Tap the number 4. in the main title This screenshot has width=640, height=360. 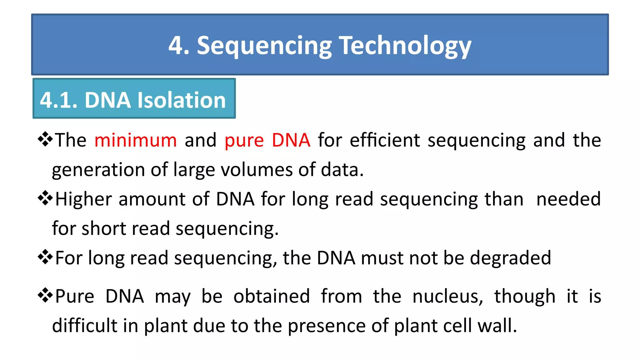[179, 46]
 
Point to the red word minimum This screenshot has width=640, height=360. [135, 140]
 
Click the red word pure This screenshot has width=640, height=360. [244, 141]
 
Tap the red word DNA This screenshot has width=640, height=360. [291, 140]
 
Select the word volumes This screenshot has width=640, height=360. [257, 170]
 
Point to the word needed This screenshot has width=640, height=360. [568, 199]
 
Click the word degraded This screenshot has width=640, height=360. [510, 258]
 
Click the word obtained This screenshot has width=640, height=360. [272, 296]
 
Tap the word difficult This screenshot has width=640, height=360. [84, 325]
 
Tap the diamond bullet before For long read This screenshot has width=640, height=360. [45, 257]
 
